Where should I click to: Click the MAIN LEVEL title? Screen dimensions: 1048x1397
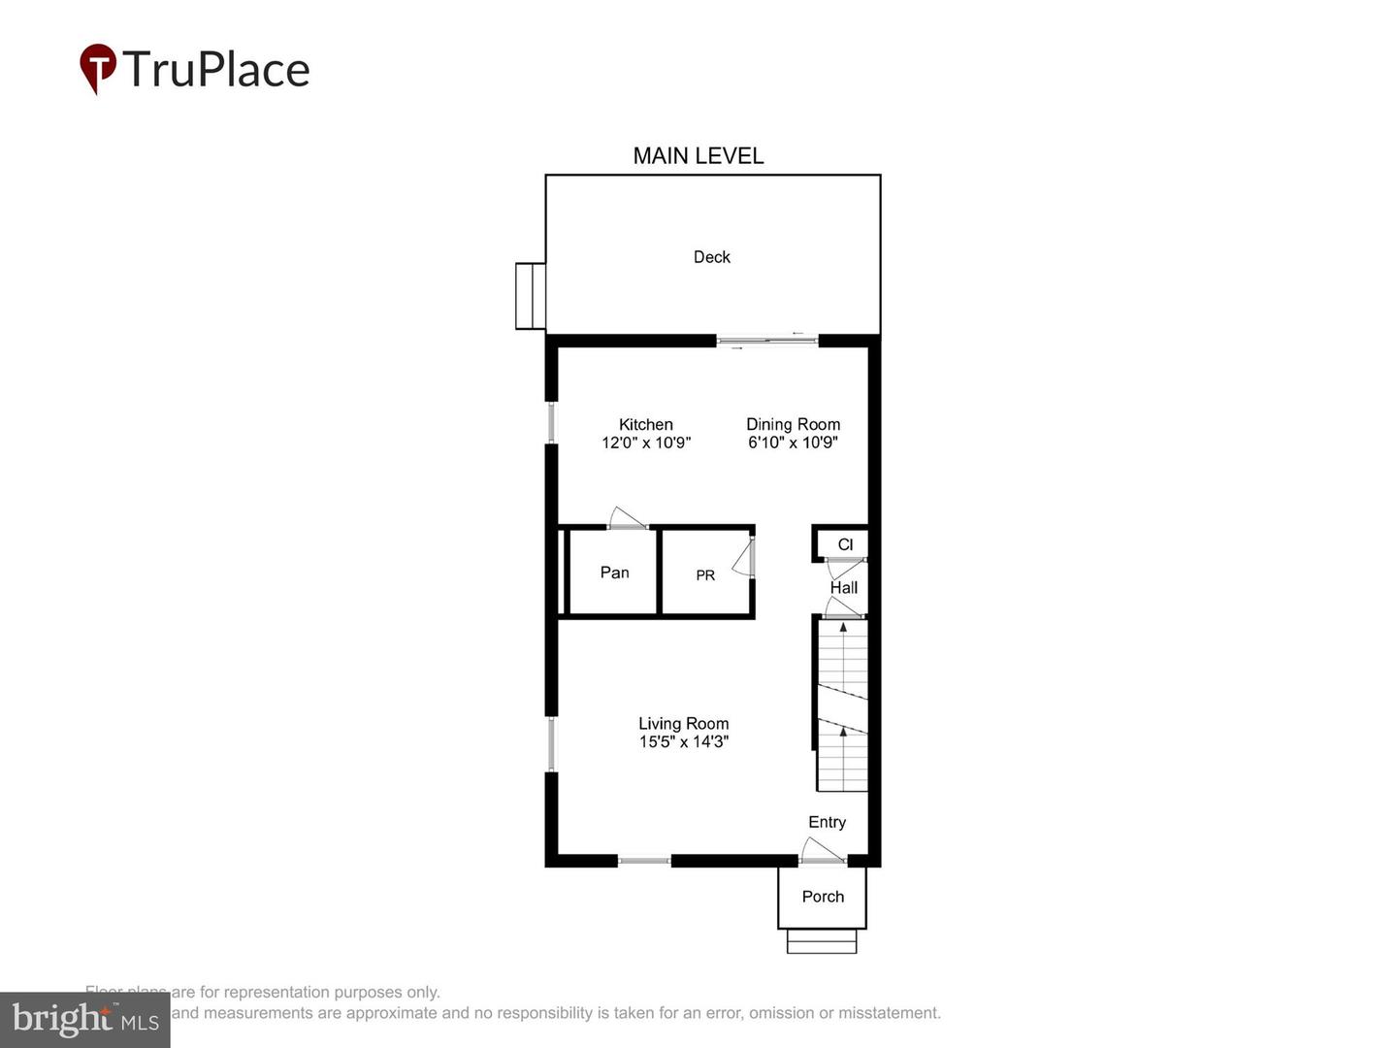pyautogui.click(x=698, y=155)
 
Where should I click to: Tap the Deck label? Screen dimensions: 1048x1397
pyautogui.click(x=711, y=257)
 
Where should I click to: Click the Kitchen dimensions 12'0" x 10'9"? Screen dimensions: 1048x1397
pyautogui.click(x=646, y=442)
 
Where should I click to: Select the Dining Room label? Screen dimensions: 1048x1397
pyautogui.click(x=793, y=424)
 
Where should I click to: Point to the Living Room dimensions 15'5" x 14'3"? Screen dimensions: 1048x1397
pyautogui.click(x=683, y=742)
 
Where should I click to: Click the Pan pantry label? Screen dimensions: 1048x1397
pyautogui.click(x=614, y=573)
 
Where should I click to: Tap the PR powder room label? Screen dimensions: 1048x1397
pyautogui.click(x=705, y=575)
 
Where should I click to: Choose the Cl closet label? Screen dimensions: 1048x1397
pyautogui.click(x=845, y=544)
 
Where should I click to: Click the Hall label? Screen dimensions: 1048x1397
pyautogui.click(x=843, y=588)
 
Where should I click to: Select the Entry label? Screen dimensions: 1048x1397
pyautogui.click(x=827, y=822)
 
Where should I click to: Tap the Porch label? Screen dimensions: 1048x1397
pyautogui.click(x=823, y=897)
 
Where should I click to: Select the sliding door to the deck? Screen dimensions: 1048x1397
pyautogui.click(x=767, y=340)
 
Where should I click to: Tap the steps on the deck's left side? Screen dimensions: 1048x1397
pyautogui.click(x=531, y=296)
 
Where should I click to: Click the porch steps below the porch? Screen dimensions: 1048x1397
pyautogui.click(x=822, y=941)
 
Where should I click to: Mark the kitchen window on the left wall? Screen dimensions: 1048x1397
pyautogui.click(x=551, y=423)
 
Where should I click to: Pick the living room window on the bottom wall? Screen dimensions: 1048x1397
pyautogui.click(x=644, y=860)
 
